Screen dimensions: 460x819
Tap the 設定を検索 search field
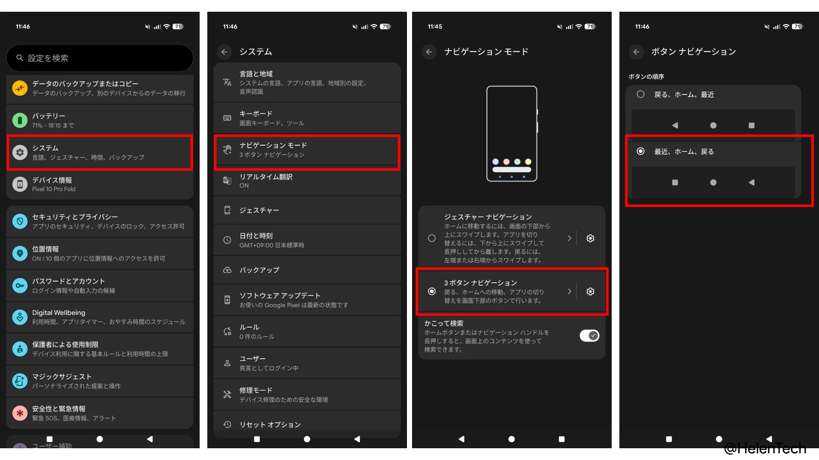point(100,58)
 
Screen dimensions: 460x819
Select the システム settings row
point(100,152)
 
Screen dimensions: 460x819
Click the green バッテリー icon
point(20,121)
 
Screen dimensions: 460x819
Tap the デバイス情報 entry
point(100,184)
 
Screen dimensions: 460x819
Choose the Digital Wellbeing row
point(100,317)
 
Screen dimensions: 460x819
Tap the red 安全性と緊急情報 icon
point(20,413)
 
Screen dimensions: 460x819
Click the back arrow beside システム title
point(224,52)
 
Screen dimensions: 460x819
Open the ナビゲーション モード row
point(307,150)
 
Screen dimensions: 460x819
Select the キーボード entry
point(307,118)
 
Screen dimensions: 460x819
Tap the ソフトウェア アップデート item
point(307,300)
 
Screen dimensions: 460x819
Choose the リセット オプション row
point(307,424)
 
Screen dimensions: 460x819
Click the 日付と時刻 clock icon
point(227,240)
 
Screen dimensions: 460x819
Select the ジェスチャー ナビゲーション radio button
point(432,238)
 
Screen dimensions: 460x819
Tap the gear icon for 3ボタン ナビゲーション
point(590,291)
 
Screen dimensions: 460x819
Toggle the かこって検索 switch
point(589,336)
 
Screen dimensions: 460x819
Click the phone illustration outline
point(512,133)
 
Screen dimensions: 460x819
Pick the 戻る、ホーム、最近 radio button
point(640,95)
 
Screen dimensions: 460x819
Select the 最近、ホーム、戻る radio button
point(640,151)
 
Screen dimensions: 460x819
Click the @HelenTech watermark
point(765,449)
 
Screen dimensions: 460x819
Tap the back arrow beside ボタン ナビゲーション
point(636,52)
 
